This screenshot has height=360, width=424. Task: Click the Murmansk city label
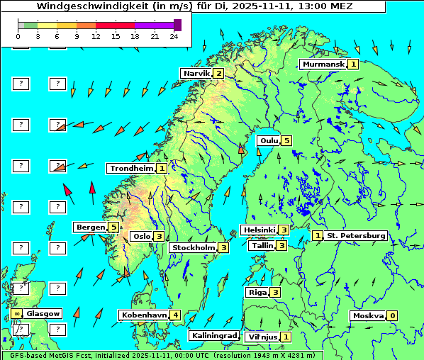(x=323, y=64)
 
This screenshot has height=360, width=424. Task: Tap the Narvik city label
(x=196, y=73)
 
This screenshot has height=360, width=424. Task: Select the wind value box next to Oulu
(x=286, y=140)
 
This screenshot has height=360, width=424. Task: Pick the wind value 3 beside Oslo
(x=160, y=237)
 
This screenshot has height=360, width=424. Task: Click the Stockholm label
(x=193, y=247)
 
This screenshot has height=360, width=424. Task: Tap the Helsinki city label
(x=258, y=230)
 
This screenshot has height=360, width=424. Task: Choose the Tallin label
(x=262, y=245)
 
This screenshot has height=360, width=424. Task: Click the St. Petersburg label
(x=355, y=235)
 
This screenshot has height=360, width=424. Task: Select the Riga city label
(x=256, y=292)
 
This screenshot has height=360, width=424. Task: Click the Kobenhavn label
(x=144, y=315)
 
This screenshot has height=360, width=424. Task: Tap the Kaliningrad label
(x=213, y=335)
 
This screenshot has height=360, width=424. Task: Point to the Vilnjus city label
(x=262, y=337)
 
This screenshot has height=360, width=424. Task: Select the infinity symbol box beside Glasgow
(x=16, y=313)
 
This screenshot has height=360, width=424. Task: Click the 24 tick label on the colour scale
(x=174, y=35)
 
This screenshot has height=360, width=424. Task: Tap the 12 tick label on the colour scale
(x=96, y=35)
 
